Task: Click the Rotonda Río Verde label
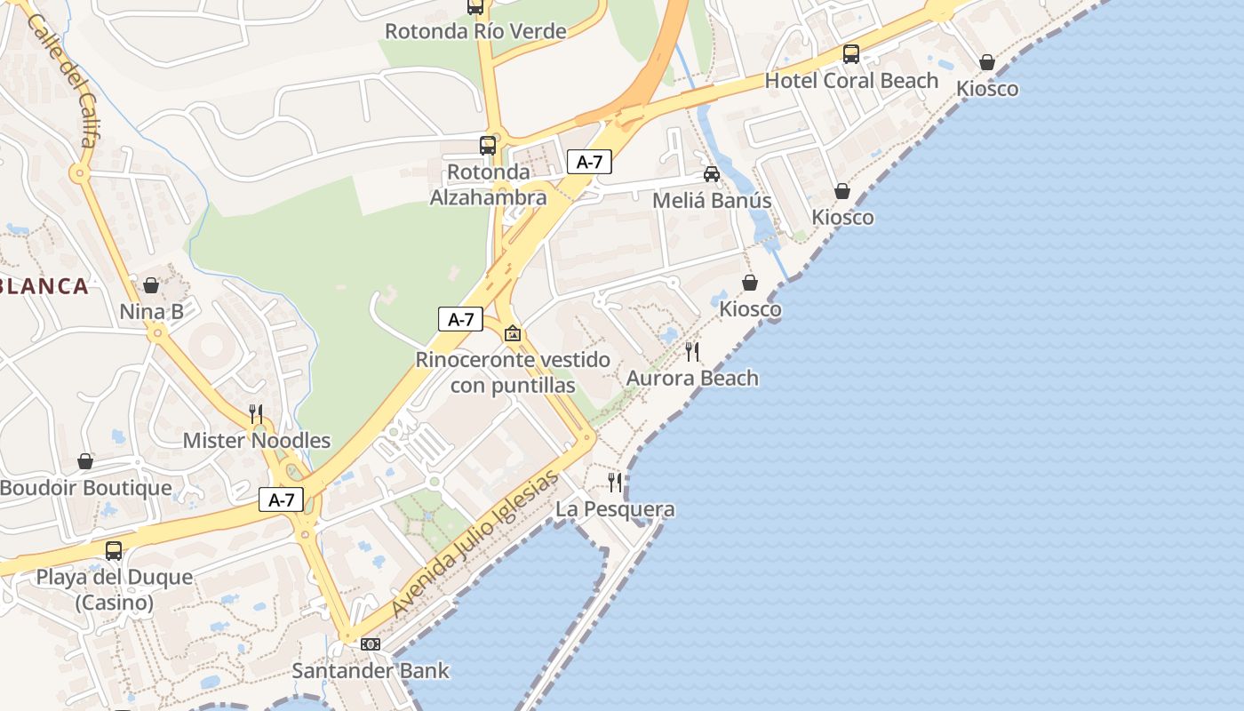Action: (x=475, y=32)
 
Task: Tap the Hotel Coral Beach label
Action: (x=851, y=81)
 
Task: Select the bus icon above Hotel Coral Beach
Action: (x=851, y=54)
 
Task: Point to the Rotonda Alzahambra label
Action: (x=488, y=185)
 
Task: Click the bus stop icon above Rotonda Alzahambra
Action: (x=488, y=146)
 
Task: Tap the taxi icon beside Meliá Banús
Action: (x=712, y=174)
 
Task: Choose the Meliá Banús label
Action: (x=712, y=201)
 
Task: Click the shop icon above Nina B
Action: (x=151, y=285)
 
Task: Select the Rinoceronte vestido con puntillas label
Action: (x=513, y=372)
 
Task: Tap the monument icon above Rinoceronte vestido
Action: (x=513, y=334)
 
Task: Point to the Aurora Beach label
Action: (x=692, y=379)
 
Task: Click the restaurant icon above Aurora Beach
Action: (x=692, y=352)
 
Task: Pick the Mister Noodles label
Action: (x=256, y=441)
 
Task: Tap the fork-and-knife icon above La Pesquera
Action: (x=615, y=483)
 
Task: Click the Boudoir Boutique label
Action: (x=85, y=488)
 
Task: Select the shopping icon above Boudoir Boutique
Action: (x=85, y=461)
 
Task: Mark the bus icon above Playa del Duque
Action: (x=114, y=550)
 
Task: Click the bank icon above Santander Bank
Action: (x=371, y=643)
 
